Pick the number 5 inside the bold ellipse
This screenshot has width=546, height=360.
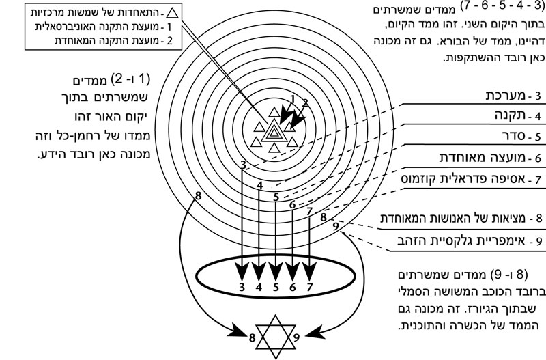pos(276,287)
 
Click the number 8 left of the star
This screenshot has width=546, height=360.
pos(253,336)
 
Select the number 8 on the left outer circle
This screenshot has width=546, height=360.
pos(198,197)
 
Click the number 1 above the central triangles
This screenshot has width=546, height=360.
pos(292,99)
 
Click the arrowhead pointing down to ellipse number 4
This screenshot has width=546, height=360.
pos(259,270)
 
